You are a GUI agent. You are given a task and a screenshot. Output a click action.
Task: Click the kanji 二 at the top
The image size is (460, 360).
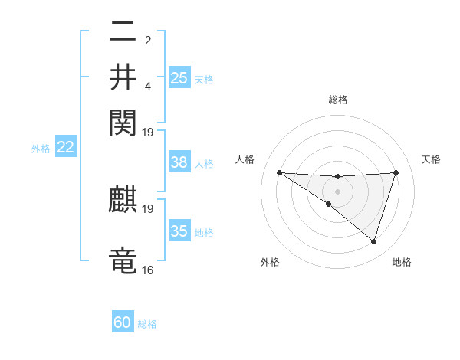click(123, 34)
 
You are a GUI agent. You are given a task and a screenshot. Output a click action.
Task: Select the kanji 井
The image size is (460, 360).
click(123, 77)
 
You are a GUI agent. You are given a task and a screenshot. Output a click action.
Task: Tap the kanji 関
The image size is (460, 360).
click(123, 122)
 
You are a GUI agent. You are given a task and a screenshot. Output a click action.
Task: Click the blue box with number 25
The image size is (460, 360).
click(179, 77)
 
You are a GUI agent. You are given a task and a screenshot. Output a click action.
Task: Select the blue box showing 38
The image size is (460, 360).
click(179, 162)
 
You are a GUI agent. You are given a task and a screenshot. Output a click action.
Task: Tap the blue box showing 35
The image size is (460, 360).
click(179, 231)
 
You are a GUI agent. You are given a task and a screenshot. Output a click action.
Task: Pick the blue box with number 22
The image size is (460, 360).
click(65, 147)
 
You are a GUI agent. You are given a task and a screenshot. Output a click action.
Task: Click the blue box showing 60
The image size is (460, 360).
click(123, 322)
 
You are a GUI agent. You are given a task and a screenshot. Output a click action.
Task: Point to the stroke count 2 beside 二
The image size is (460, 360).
click(148, 40)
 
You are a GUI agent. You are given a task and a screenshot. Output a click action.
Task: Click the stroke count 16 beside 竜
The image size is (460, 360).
click(148, 270)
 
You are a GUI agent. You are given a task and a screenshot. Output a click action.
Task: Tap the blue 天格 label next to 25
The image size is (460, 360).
click(204, 79)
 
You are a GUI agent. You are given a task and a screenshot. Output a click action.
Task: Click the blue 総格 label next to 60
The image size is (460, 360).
click(147, 324)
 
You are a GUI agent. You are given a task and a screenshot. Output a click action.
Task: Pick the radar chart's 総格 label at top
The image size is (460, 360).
click(338, 100)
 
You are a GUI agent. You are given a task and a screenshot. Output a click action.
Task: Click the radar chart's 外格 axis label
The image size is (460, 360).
click(270, 262)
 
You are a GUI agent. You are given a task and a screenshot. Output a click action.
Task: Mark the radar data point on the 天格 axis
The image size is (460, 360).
click(396, 172)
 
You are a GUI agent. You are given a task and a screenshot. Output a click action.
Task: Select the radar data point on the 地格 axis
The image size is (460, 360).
click(374, 242)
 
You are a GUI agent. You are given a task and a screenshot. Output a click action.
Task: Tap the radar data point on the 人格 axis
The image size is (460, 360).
click(279, 172)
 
